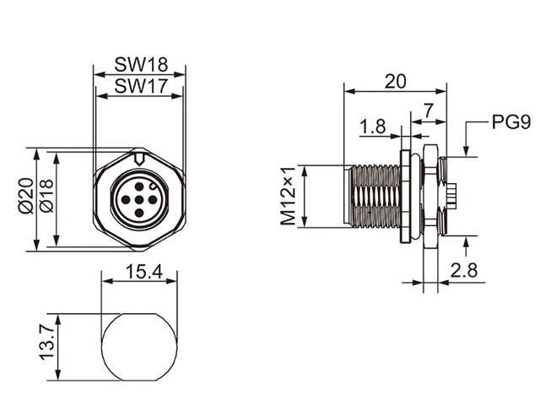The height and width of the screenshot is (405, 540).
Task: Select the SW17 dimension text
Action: [139, 85]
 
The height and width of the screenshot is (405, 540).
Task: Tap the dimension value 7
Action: [429, 111]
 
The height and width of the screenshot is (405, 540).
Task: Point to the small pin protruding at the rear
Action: [454, 197]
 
